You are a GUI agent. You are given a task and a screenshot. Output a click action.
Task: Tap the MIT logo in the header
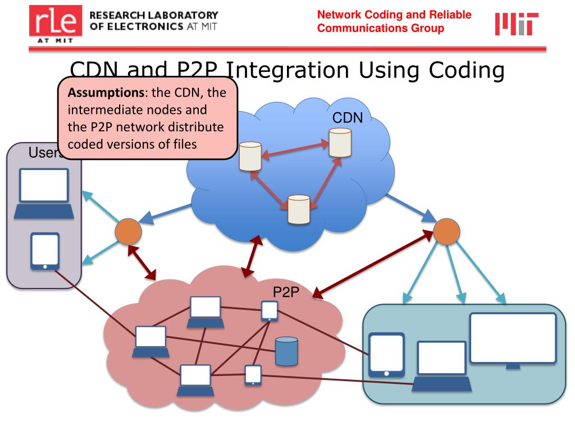coord(516,24)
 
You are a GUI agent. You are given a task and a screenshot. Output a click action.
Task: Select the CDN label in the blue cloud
coord(348,118)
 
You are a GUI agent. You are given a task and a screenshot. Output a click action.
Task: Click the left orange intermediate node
coord(128,231)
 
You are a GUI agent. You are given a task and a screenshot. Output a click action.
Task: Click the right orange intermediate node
coord(447,231)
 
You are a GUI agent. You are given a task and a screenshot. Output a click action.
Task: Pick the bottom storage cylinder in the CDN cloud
coord(298,209)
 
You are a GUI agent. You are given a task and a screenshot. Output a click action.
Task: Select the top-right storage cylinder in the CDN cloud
coord(340,143)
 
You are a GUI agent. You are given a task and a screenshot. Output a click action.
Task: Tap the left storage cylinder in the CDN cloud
coord(250,157)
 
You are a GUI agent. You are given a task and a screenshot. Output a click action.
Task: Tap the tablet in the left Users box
coord(44,251)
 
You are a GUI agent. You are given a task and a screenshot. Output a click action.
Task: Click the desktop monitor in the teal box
coord(512,340)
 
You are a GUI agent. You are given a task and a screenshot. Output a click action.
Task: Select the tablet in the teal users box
coord(386,355)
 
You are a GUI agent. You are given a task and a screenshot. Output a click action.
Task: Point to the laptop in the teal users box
coord(441,366)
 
